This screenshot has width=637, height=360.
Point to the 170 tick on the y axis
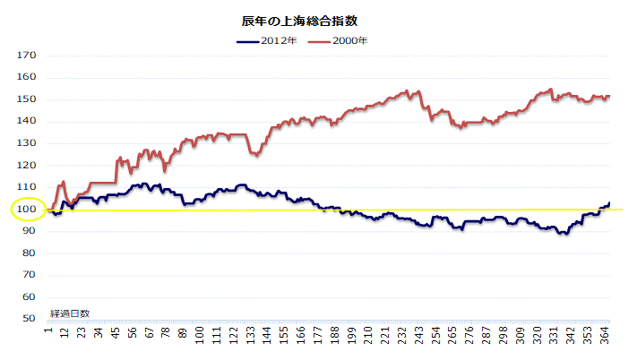tap(27, 56)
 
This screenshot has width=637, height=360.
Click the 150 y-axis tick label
tap(27, 99)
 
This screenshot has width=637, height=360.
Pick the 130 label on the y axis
tap(27, 143)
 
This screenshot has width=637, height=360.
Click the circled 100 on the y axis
tap(27, 210)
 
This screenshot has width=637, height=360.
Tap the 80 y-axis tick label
tap(30, 253)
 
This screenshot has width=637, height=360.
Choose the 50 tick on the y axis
tap(30, 318)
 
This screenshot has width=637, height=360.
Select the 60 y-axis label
tap(30, 296)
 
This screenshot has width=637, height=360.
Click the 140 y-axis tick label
tap(27, 122)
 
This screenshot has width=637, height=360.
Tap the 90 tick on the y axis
tap(30, 231)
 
